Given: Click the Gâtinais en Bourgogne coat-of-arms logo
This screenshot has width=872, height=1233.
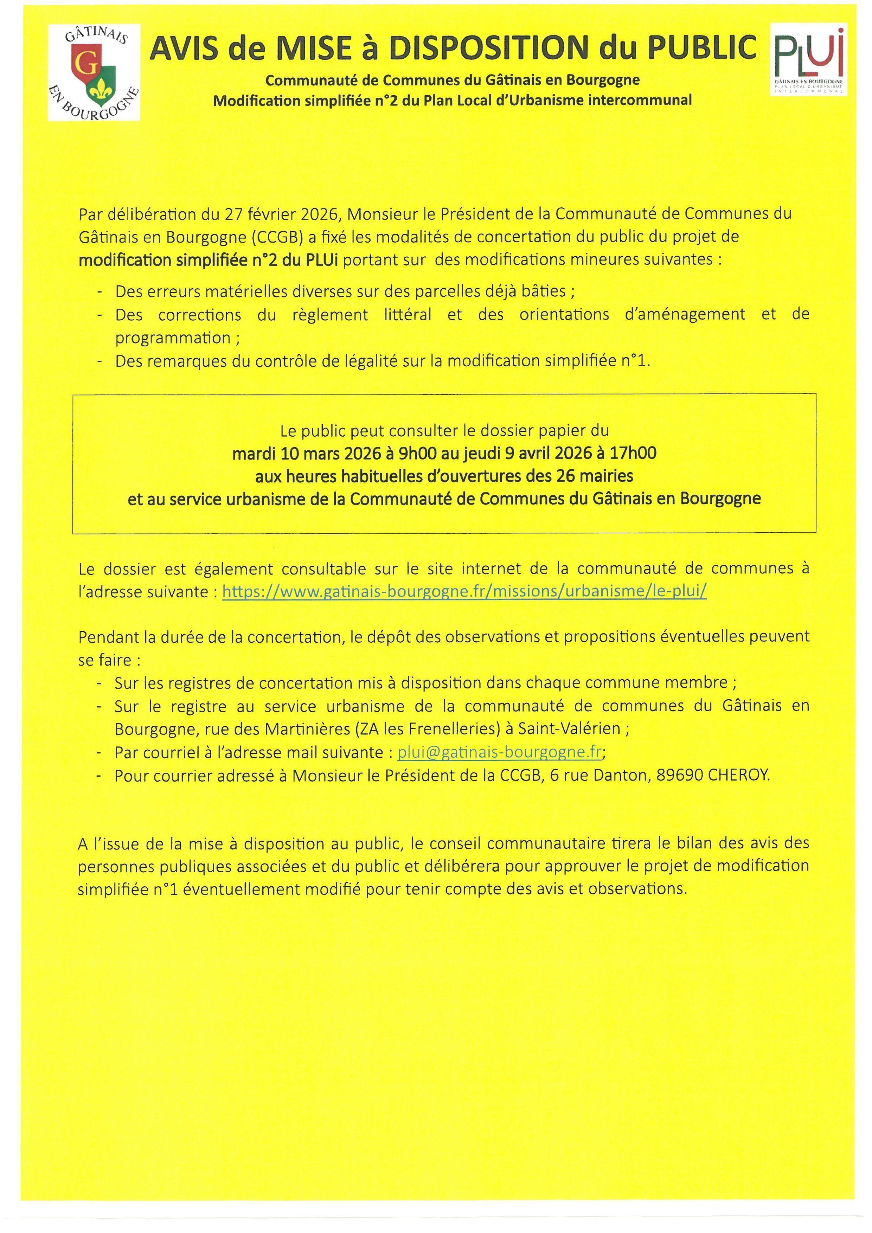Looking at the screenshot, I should pyautogui.click(x=94, y=72).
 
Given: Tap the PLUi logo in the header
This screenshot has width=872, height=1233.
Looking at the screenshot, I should pyautogui.click(x=809, y=59).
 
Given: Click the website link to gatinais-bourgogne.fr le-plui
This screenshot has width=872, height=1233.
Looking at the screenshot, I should pyautogui.click(x=464, y=591).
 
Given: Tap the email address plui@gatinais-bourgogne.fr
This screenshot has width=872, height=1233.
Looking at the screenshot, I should pyautogui.click(x=499, y=752).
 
